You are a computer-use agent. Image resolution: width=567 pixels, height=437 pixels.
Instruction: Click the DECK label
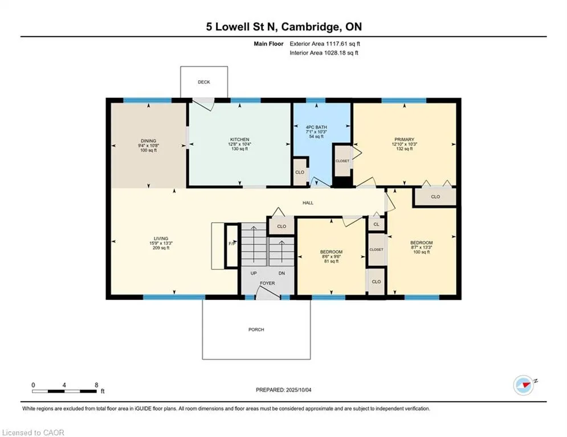pos(204,82)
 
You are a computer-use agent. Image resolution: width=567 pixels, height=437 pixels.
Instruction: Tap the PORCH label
pos(256,329)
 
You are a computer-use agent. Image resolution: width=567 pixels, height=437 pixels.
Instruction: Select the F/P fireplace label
pos(232,244)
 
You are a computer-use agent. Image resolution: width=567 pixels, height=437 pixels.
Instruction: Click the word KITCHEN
pos(240,139)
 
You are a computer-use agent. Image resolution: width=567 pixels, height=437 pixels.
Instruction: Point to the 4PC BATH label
pos(316,127)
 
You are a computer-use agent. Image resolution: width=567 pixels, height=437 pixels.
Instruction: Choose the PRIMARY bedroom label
pos(404,139)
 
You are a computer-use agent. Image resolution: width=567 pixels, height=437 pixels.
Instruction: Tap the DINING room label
pos(149,141)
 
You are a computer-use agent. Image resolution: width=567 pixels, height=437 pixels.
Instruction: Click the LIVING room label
pos(161,238)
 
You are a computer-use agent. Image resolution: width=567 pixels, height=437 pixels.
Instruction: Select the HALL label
pos(308,203)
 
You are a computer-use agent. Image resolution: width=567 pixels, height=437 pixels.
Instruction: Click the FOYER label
pos(268,283)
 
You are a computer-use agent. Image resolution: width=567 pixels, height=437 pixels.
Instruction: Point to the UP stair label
pos(254,273)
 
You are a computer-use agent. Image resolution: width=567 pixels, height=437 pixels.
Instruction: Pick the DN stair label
pos(282,273)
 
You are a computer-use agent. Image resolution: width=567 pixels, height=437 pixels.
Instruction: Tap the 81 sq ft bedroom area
pos(331,261)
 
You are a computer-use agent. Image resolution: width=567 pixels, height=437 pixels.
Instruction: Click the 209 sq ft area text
pos(161,248)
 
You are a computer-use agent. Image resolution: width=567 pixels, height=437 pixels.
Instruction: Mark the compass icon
pos(524,385)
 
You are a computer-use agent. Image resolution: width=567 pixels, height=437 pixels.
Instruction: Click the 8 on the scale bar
pos(96,385)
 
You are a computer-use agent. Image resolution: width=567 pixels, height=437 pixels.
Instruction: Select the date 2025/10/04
pos(299,390)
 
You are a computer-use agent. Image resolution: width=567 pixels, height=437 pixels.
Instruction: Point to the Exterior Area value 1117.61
pos(336,44)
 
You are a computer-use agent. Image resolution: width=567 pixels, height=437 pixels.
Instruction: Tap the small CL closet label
pos(377,224)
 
